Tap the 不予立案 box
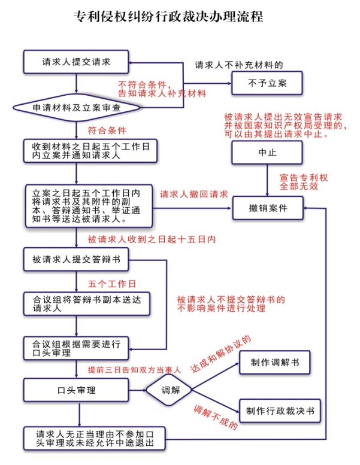click(267, 83)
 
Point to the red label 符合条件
click(107, 130)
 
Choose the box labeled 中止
click(267, 153)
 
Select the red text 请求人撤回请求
click(193, 194)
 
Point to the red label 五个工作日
click(111, 283)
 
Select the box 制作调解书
click(276, 363)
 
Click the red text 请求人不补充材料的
click(238, 65)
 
